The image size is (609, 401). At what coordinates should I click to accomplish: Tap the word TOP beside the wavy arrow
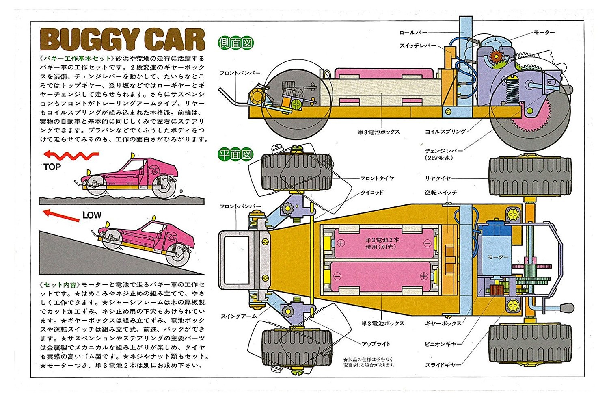(52, 167)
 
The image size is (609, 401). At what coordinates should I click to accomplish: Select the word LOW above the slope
(92, 215)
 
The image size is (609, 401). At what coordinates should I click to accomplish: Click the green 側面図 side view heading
(235, 43)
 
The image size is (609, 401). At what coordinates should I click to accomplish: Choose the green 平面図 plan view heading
(235, 154)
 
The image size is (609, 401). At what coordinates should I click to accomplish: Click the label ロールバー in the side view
(412, 33)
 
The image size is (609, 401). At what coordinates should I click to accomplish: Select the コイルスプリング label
(445, 132)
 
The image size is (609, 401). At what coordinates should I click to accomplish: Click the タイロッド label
(372, 192)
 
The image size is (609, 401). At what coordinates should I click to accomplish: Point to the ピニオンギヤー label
(443, 344)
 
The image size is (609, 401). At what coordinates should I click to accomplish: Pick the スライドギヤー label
(443, 365)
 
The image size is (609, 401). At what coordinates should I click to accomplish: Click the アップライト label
(376, 344)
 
